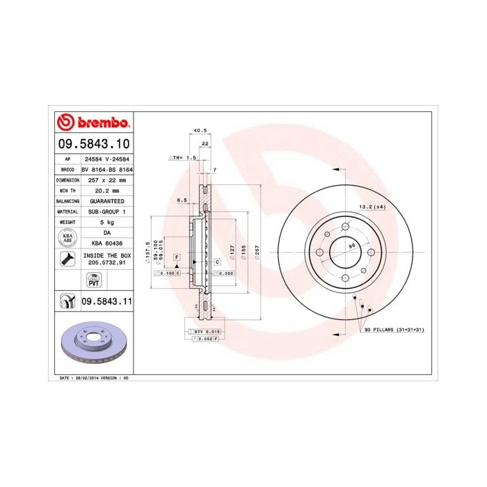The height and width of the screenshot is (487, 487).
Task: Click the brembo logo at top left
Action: click(x=93, y=123)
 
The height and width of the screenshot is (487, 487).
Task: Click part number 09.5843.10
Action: click(x=93, y=144)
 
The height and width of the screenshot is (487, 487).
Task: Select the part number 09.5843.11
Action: click(x=106, y=302)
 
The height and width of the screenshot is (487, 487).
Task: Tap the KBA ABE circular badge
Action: click(x=67, y=238)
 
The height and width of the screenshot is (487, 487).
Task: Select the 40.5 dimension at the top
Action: click(x=200, y=130)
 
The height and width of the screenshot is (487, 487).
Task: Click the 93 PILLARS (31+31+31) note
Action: click(x=394, y=328)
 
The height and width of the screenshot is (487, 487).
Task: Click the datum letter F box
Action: click(x=177, y=257)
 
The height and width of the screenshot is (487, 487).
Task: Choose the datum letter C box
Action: click(x=216, y=262)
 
